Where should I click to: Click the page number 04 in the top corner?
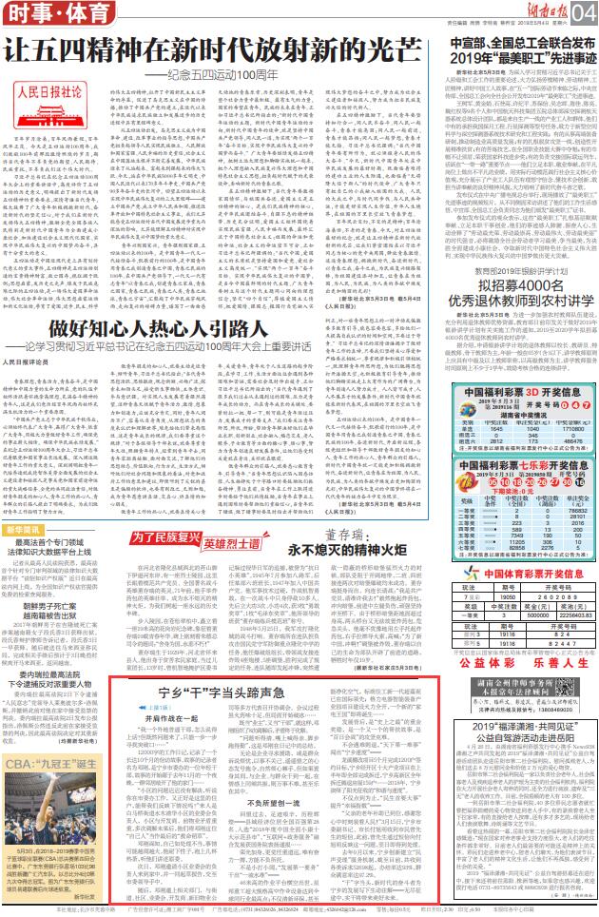pyautogui.click(x=584, y=12)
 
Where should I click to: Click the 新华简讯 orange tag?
pyautogui.click(x=27, y=528)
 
